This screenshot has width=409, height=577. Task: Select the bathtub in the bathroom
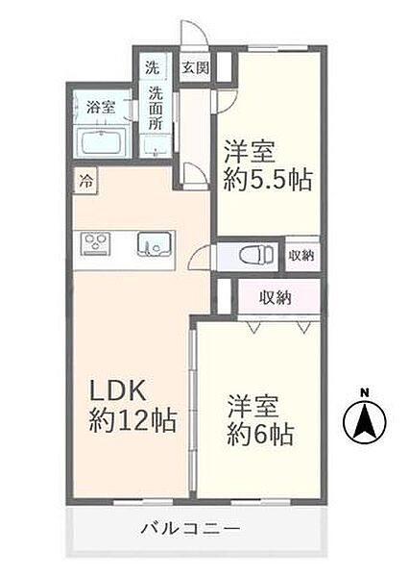pyautogui.click(x=108, y=142)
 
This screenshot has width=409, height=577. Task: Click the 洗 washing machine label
pyautogui.click(x=153, y=68)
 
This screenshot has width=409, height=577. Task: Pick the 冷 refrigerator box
pyautogui.click(x=86, y=180)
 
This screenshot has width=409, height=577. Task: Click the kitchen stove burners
pyautogui.click(x=97, y=243)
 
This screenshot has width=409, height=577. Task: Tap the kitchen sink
pyautogui.click(x=152, y=243)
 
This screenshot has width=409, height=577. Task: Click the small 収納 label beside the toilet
pyautogui.click(x=301, y=255)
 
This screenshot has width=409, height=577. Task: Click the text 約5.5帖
pyautogui.click(x=269, y=180)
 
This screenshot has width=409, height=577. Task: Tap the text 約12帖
pyautogui.click(x=132, y=421)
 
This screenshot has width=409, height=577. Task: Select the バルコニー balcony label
pyautogui.click(x=188, y=528)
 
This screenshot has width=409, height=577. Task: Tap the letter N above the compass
pyautogui.click(x=364, y=391)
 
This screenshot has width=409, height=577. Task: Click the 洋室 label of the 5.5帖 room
pyautogui.click(x=253, y=151)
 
